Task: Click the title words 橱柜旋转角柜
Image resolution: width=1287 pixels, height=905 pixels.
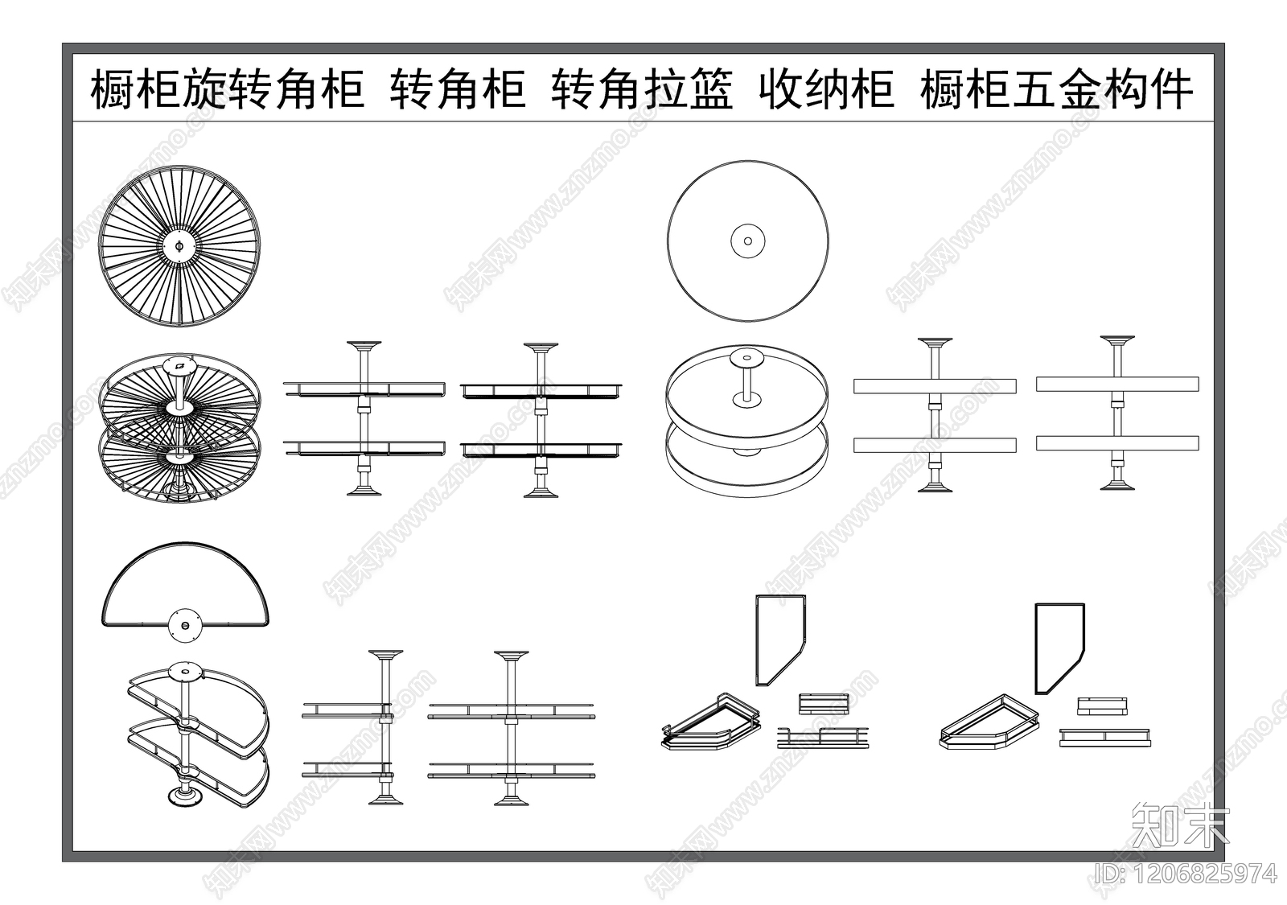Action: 227,88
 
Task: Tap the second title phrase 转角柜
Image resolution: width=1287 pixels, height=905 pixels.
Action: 458,88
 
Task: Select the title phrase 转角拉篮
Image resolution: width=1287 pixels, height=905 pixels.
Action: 642,88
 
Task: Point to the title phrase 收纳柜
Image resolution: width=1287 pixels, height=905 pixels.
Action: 825,88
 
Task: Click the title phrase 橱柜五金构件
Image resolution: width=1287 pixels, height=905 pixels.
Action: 1056,88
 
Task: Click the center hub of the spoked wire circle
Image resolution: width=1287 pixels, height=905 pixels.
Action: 179,245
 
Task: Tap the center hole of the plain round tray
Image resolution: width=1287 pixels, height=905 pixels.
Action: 747,241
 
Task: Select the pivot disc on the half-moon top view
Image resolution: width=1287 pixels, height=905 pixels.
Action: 184,624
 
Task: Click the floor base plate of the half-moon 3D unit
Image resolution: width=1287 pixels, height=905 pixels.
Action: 184,797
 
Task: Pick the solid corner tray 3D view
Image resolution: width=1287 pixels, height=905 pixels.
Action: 989,723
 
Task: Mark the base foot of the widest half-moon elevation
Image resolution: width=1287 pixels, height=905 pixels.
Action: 511,800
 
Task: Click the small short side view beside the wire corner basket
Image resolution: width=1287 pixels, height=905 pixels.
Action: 823,702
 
